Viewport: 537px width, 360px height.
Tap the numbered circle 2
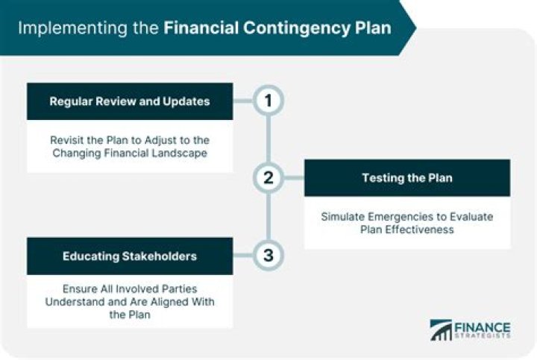[268, 177]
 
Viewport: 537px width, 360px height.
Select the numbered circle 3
[268, 256]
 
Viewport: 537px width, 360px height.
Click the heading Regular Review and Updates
[130, 101]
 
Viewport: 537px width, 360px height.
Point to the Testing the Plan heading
[406, 178]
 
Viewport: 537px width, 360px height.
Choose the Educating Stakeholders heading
[130, 256]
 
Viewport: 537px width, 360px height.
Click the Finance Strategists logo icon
[442, 330]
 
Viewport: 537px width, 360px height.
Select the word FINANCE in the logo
[483, 326]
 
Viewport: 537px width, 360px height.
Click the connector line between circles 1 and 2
[268, 139]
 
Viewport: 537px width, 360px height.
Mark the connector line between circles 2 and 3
[268, 217]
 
